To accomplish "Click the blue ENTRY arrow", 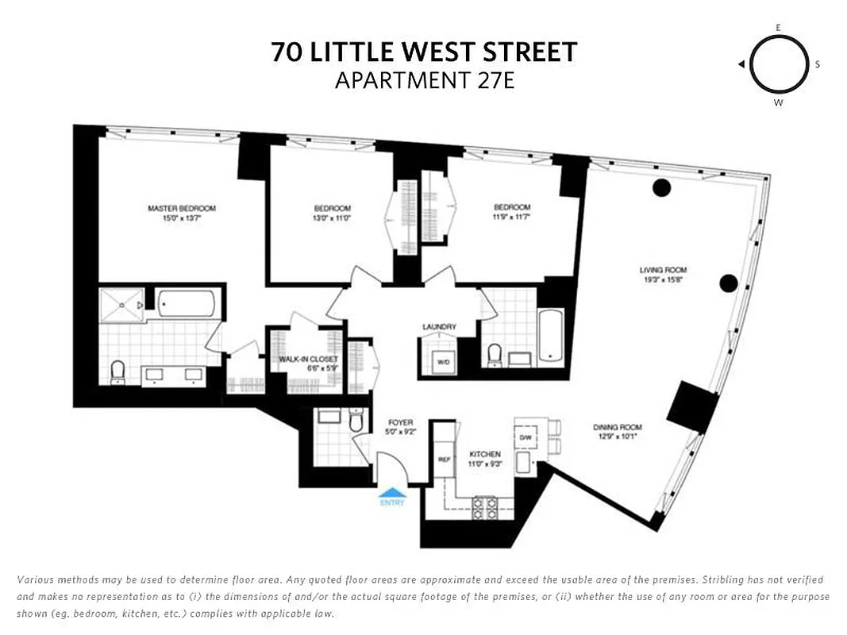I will pyautogui.click(x=391, y=493).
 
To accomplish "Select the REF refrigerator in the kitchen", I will pyautogui.click(x=444, y=460).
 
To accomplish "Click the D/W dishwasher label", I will pyautogui.click(x=526, y=437).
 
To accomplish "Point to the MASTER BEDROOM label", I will pyautogui.click(x=182, y=209).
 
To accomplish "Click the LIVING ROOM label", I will pyautogui.click(x=664, y=270).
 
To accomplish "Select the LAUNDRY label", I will pyautogui.click(x=439, y=326).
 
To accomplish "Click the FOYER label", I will pyautogui.click(x=399, y=422).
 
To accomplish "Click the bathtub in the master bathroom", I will pyautogui.click(x=187, y=304).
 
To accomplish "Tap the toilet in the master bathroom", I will pyautogui.click(x=118, y=371).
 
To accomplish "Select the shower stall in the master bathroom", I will pyautogui.click(x=121, y=304).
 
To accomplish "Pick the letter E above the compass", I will pyautogui.click(x=779, y=28).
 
